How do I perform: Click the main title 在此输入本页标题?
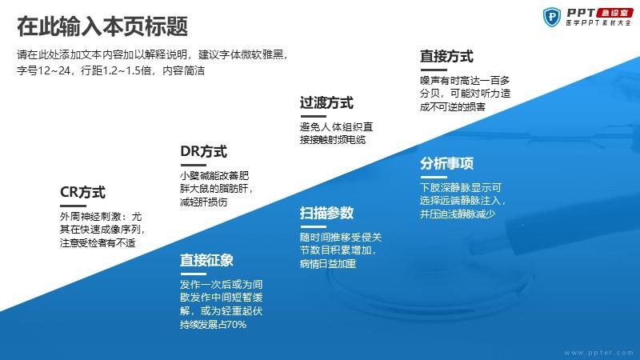tap(102, 26)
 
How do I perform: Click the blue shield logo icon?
tap(552, 17)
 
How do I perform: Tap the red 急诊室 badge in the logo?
tap(614, 13)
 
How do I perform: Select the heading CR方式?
tap(83, 192)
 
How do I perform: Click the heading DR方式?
tap(204, 151)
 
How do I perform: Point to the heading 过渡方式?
tap(326, 103)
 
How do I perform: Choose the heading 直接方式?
tap(446, 56)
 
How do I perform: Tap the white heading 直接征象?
tap(206, 260)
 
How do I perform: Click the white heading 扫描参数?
tap(326, 213)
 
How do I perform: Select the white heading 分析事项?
tap(446, 163)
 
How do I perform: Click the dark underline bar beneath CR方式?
tap(73, 206)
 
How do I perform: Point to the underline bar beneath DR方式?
tap(194, 166)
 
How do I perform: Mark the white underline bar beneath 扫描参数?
tap(313, 226)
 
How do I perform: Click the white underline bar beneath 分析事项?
tap(434, 177)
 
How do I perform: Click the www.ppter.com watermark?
tap(598, 353)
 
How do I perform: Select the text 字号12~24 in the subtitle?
tap(44, 70)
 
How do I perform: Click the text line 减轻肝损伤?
tap(203, 202)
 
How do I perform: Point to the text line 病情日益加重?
tap(328, 264)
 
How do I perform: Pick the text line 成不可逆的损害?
tap(453, 107)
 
